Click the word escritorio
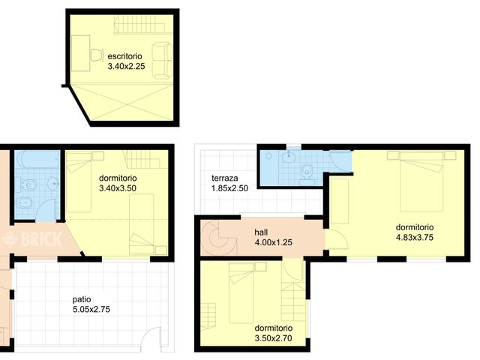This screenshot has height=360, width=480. point(124,56)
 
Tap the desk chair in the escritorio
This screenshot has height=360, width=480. point(97,55)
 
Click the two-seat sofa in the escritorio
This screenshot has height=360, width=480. point(160,60)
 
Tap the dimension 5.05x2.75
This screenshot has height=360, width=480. point(85,308)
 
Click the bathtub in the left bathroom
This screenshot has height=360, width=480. point(37,162)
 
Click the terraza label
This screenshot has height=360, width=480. point(225,178)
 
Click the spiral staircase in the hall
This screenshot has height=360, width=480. point(216,239)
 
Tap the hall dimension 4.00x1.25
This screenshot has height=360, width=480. point(273,243)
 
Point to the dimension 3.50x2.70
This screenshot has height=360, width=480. point(273,338)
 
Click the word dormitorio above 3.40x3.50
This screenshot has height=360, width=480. point(118,178)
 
